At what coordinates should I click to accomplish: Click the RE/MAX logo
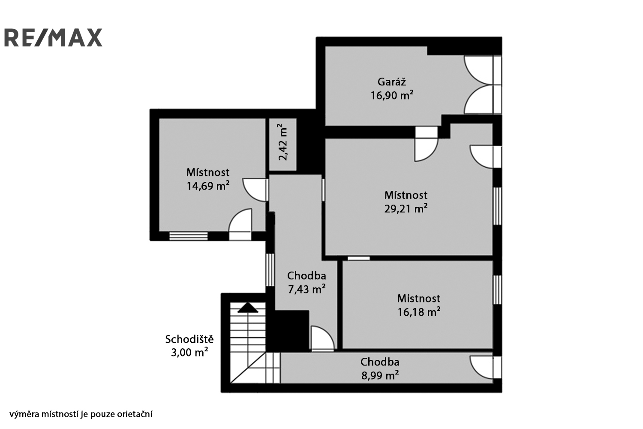(54, 37)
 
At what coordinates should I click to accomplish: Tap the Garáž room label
(392, 82)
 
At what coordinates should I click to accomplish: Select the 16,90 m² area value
(392, 95)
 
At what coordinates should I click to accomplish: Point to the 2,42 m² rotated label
(283, 142)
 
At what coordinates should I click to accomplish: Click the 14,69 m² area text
(208, 186)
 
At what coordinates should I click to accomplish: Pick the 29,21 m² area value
(406, 208)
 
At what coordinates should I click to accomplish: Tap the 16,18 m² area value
(419, 312)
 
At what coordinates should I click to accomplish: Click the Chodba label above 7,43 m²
(306, 275)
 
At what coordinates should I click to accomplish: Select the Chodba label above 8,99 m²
(380, 362)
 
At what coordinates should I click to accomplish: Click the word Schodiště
(189, 339)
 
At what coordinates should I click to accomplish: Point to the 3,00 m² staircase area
(189, 352)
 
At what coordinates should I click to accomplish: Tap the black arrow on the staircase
(248, 308)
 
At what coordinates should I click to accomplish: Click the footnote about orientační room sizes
(81, 414)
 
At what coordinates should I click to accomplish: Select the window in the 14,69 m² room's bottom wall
(188, 236)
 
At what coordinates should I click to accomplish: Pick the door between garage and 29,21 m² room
(426, 144)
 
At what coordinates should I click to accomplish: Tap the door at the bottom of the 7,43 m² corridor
(323, 339)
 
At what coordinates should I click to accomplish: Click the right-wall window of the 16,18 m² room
(497, 290)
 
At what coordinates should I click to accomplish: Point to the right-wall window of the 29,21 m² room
(497, 206)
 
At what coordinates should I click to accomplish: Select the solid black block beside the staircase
(288, 331)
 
